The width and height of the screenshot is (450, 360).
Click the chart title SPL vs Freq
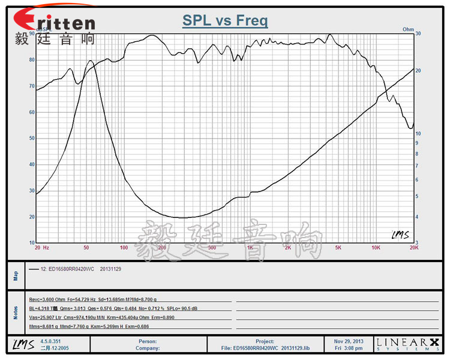[x=225, y=22]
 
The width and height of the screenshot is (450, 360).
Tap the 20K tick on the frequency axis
[x=413, y=247]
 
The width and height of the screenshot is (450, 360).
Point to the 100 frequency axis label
[x=124, y=247]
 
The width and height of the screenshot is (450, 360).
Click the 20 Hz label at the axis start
[x=42, y=247]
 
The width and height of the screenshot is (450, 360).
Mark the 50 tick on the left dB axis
[x=31, y=139]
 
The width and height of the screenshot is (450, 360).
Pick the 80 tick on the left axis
[x=31, y=60]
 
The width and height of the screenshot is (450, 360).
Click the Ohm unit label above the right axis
[x=408, y=29]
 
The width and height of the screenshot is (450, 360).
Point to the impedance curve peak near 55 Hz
[x=90, y=61]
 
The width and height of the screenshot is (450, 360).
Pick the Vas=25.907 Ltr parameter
[x=45, y=317]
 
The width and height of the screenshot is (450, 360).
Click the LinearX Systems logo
[x=406, y=343]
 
